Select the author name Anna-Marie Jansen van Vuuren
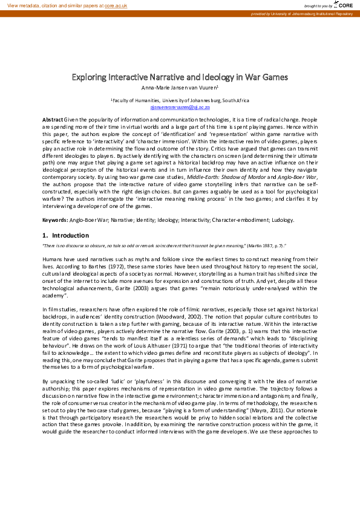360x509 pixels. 180,88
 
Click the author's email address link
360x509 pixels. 180,106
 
